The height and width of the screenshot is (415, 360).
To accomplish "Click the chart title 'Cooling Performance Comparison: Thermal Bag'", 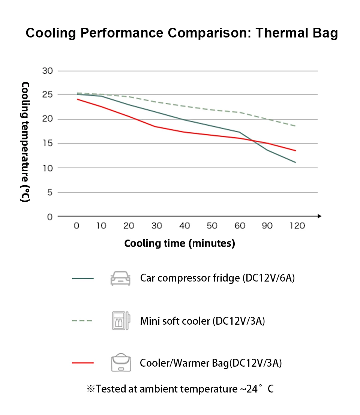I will click(x=181, y=33).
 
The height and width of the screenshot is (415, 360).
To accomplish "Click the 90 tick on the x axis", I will click(x=267, y=226).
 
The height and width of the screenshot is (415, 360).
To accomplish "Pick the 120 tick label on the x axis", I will click(x=297, y=226).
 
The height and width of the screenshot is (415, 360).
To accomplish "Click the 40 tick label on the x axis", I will click(x=184, y=226).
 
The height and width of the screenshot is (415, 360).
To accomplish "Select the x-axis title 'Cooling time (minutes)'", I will click(x=180, y=243).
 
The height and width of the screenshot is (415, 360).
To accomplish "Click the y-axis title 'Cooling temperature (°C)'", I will click(x=25, y=142).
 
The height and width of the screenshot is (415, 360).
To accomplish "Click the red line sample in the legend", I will click(x=82, y=363).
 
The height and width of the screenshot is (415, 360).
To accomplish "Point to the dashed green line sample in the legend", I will click(x=82, y=321).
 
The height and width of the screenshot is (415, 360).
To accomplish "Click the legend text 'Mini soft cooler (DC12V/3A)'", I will click(x=202, y=321).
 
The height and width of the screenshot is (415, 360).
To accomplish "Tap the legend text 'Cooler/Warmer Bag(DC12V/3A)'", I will click(x=211, y=363).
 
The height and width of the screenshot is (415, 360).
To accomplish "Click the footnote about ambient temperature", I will click(x=180, y=389).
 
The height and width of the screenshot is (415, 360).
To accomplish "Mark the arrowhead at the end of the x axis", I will click(x=319, y=216).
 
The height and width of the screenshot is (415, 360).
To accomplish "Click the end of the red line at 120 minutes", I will click(x=295, y=151).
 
